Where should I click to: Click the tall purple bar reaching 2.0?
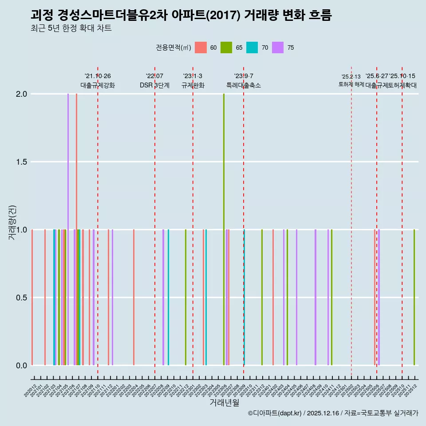[68, 229]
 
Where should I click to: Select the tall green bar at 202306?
[224, 229]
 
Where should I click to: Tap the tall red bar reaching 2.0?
[76, 229]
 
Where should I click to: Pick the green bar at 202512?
[414, 297]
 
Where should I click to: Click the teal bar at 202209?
[168, 297]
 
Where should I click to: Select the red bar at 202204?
[134, 297]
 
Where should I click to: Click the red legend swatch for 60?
[201, 47]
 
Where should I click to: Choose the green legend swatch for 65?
[227, 47]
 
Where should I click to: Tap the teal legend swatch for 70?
[252, 47]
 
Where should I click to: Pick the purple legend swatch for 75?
[278, 47]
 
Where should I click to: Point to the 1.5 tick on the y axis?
[21, 162]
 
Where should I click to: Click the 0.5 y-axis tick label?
[21, 298]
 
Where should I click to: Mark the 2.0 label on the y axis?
[21, 94]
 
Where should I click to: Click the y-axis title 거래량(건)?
[12, 222]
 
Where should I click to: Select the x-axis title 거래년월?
[224, 403]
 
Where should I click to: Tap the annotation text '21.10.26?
[98, 76]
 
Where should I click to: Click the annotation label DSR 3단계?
[154, 85]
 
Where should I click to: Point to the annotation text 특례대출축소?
[244, 85]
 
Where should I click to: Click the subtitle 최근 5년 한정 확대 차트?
[71, 28]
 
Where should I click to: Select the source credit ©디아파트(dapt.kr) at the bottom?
[275, 413]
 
